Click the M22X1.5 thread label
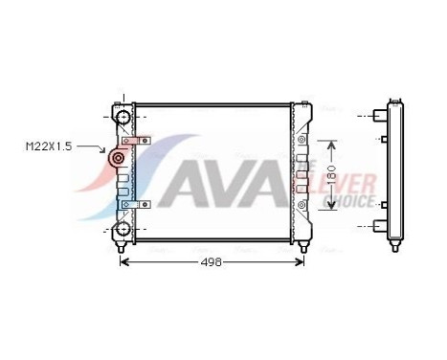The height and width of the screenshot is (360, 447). click(47, 146)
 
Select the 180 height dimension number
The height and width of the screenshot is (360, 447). click(331, 178)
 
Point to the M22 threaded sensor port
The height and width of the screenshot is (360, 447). click(118, 159)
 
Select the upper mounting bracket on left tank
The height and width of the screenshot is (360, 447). click(136, 142)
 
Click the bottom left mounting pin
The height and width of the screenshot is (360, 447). click(122, 250)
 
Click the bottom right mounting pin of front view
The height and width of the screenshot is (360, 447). click(302, 250)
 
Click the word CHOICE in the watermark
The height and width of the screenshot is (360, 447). click(350, 202)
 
